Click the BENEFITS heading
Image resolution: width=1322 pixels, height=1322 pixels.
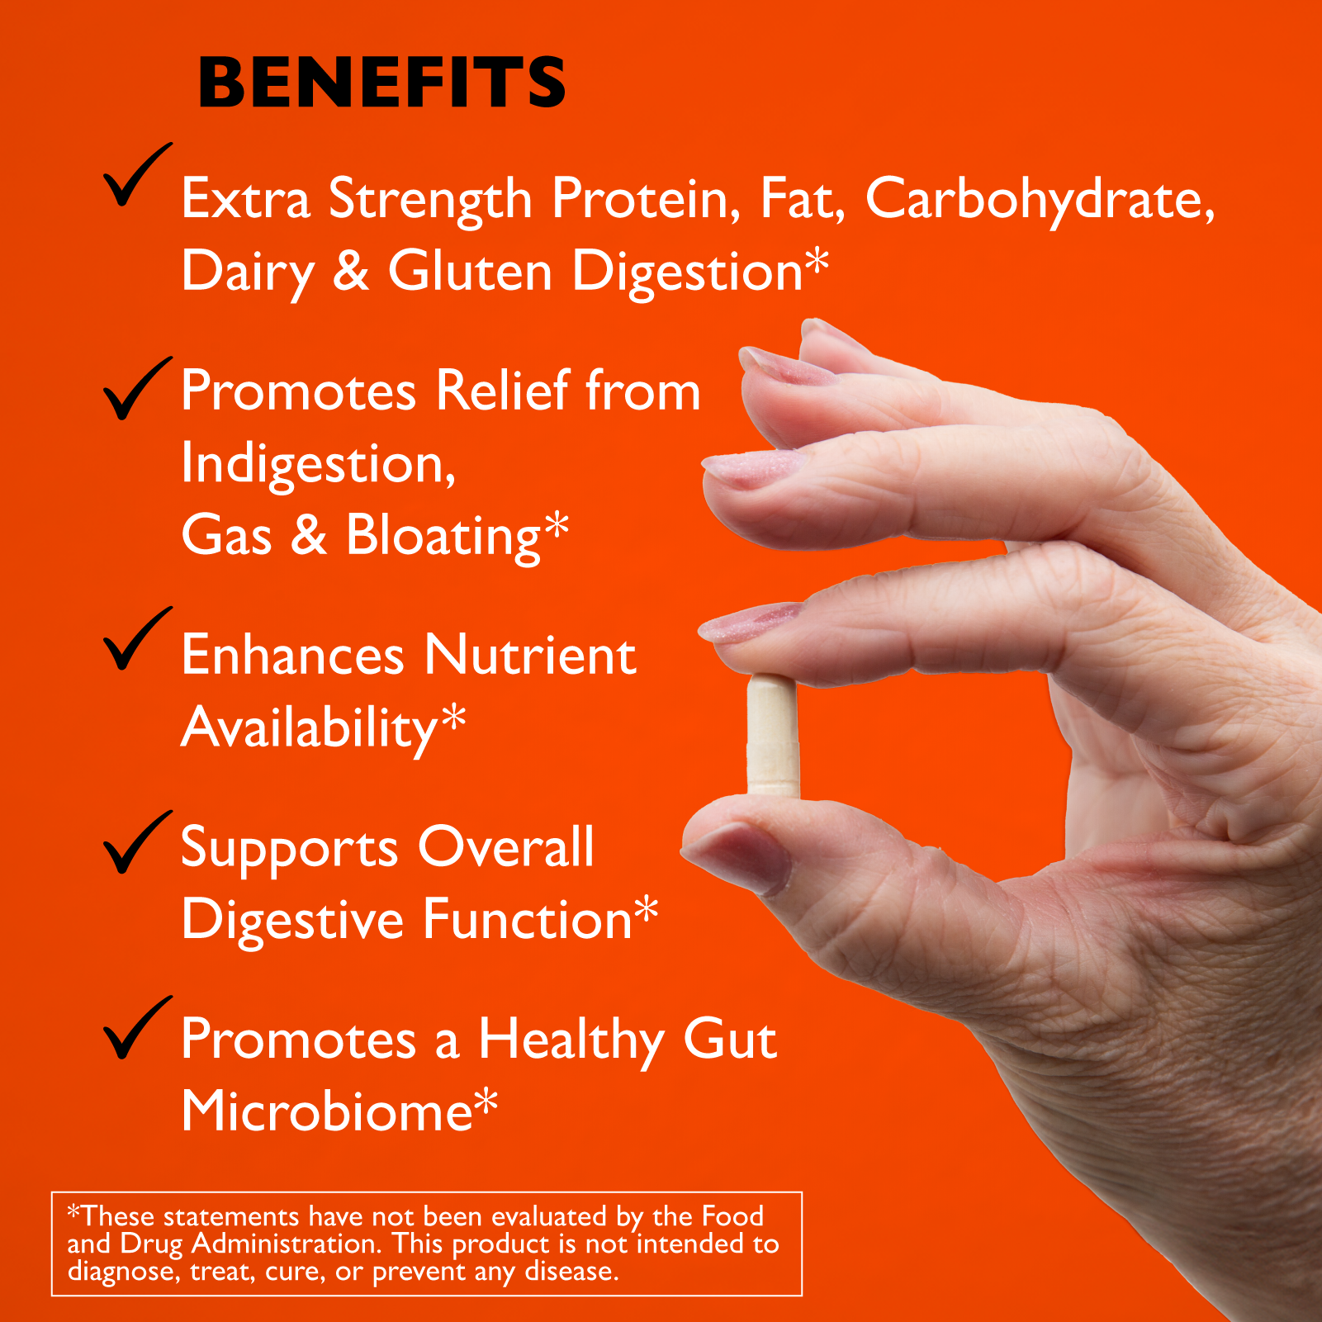(382, 83)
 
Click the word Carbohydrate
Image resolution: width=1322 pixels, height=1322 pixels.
(1040, 200)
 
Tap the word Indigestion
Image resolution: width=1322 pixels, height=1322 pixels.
(319, 464)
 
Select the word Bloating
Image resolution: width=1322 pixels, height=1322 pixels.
(443, 537)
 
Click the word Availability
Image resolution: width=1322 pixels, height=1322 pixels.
(310, 728)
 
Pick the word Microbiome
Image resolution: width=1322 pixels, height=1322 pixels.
(327, 1111)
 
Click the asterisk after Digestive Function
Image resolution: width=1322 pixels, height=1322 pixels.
(647, 910)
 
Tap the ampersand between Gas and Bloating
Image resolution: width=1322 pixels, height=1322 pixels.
(309, 537)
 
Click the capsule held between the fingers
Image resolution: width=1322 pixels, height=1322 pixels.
(773, 736)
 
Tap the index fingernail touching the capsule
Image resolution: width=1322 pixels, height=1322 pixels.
(750, 623)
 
